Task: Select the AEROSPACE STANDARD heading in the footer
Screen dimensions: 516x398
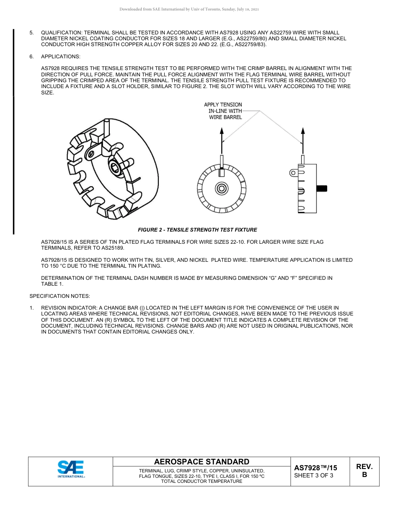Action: (202, 461)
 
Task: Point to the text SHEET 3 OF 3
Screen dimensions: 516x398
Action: (314, 475)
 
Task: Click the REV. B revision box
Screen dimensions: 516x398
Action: (364, 471)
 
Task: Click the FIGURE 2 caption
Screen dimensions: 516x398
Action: (197, 230)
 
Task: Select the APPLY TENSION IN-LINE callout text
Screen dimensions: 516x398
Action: (223, 111)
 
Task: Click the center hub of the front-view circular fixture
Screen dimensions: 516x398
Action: (222, 188)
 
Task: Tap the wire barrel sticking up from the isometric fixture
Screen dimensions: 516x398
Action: (107, 126)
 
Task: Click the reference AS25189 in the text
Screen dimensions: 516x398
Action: (113, 248)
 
